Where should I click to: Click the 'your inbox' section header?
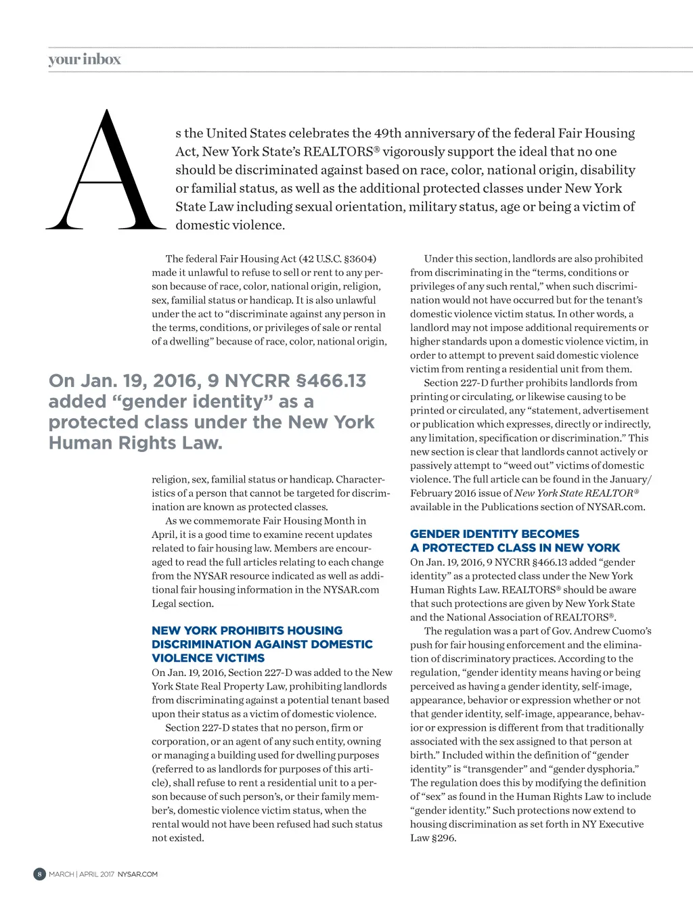point(85,60)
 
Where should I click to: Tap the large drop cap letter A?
point(106,172)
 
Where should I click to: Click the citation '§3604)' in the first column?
point(360,258)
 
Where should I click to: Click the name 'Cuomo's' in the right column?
point(629,631)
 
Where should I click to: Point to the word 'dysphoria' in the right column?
point(607,769)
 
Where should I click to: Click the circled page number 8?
point(39,874)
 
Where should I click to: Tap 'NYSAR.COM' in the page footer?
point(137,874)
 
